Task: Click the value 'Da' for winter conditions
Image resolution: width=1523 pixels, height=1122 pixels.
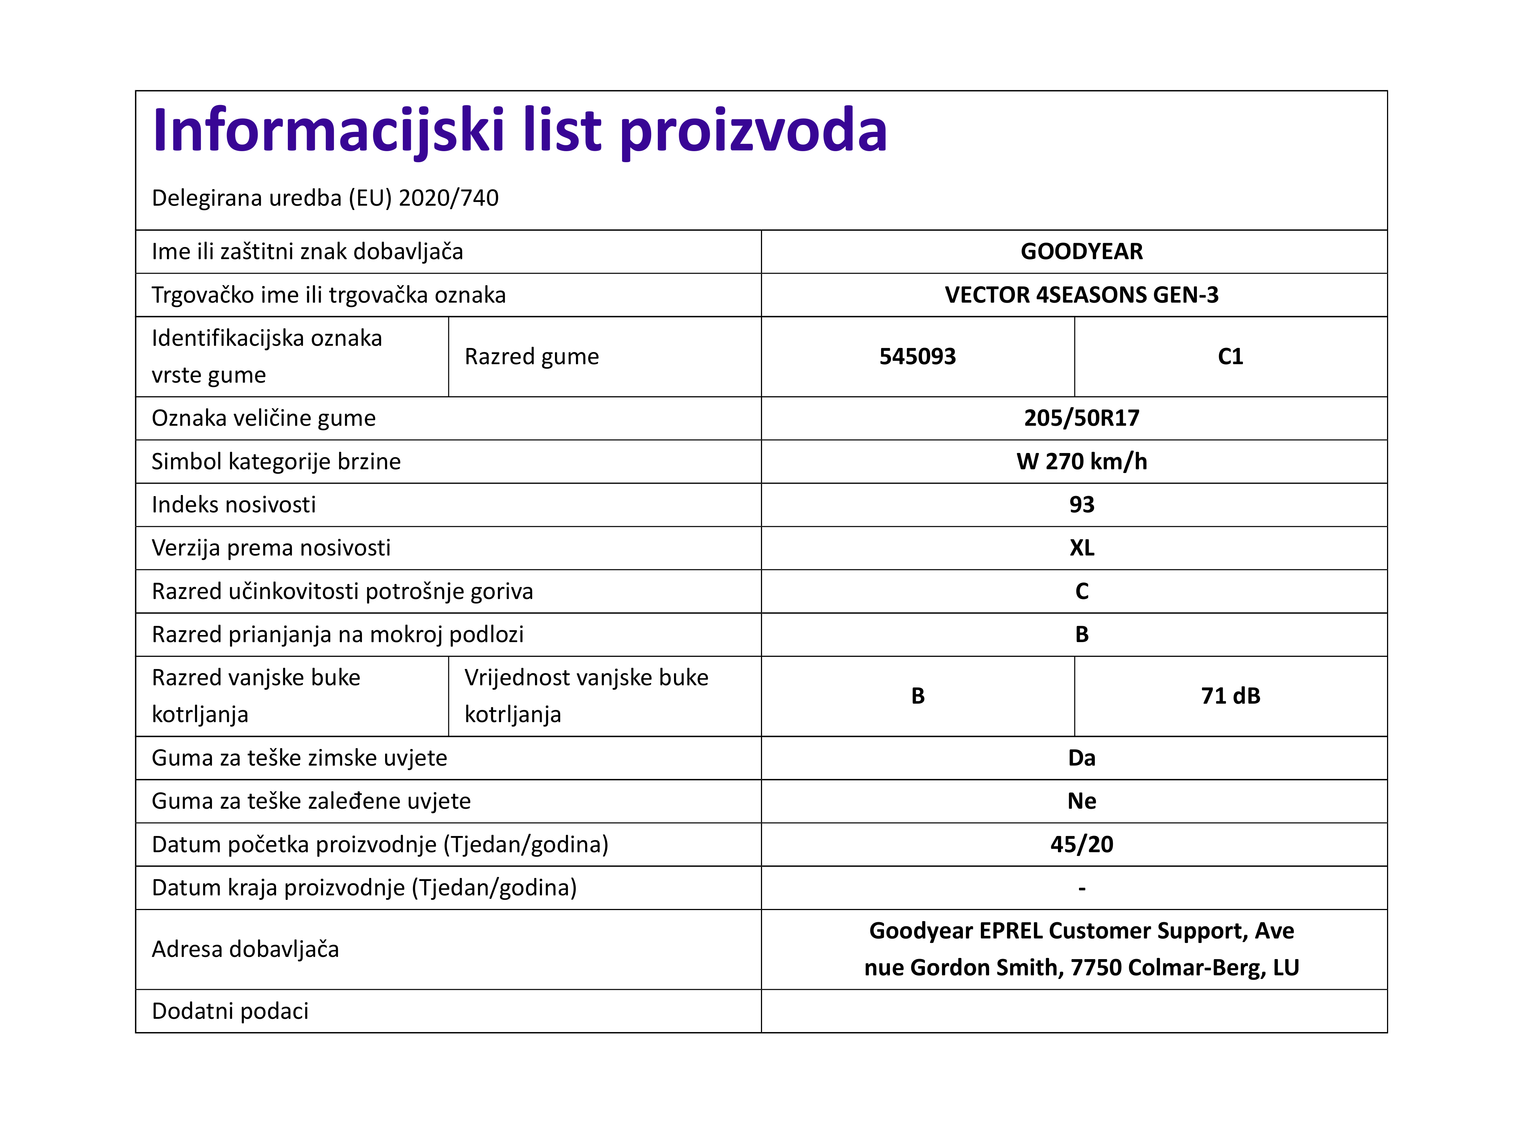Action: (x=1081, y=758)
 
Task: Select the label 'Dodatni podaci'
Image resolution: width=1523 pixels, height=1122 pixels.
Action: (x=230, y=1011)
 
